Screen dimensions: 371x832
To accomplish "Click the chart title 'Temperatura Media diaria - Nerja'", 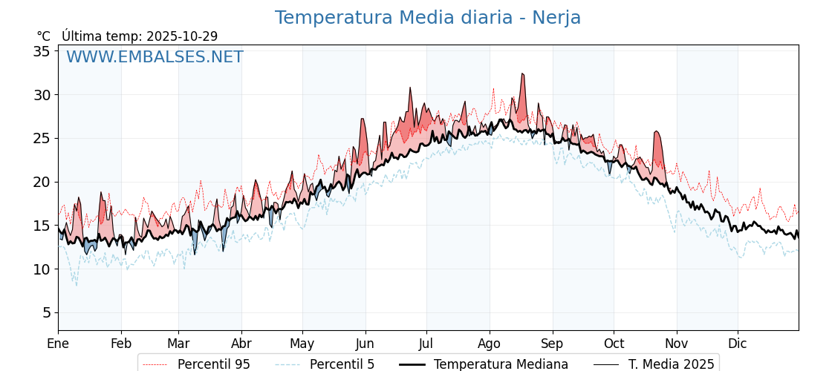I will coord(428,18).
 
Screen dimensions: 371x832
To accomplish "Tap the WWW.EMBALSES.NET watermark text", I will coord(155,57).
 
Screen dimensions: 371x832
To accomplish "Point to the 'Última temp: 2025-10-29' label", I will coord(140,36).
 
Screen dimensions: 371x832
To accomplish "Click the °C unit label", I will coord(44,36).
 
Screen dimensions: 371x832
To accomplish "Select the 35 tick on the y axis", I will coord(42,51).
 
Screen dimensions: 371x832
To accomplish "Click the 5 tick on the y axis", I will coord(46,312).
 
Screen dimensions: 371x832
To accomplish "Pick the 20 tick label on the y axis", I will coord(42,182).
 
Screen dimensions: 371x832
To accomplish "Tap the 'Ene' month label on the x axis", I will coord(58,344).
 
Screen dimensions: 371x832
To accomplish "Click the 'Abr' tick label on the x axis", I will coord(241,344).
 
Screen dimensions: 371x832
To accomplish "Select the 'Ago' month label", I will coord(490,344).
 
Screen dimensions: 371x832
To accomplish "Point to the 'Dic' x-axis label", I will coord(738,344).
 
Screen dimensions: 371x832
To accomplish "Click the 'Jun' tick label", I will coord(365,344).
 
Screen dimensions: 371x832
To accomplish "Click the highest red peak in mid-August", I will coord(522,74).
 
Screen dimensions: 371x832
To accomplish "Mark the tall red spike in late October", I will coord(657,132).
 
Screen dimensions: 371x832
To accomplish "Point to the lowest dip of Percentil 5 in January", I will coord(76,285).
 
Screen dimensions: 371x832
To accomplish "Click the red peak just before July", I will coord(409,88).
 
